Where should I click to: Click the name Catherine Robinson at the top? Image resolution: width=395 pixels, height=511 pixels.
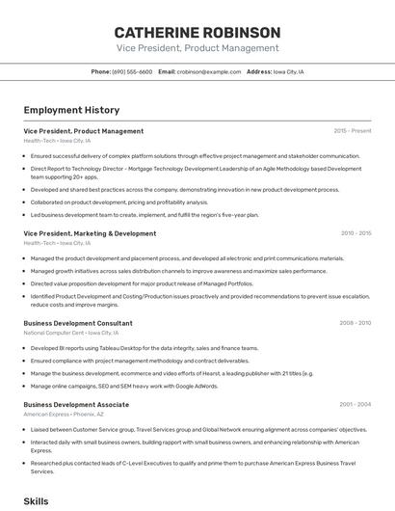pyautogui.click(x=197, y=32)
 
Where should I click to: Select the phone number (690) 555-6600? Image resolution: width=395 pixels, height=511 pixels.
pyautogui.click(x=132, y=71)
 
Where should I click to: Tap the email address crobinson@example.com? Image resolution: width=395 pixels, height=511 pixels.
pyautogui.click(x=209, y=71)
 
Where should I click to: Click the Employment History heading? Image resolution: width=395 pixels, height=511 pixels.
pyautogui.click(x=71, y=110)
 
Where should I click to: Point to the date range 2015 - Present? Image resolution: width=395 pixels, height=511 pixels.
pyautogui.click(x=352, y=130)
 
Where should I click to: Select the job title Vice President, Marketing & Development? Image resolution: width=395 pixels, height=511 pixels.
pyautogui.click(x=90, y=233)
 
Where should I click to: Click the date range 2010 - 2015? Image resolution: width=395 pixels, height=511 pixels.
pyautogui.click(x=355, y=233)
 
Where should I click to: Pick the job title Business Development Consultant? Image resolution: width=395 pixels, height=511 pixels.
pyautogui.click(x=78, y=323)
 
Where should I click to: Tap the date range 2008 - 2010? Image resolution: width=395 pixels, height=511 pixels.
pyautogui.click(x=355, y=323)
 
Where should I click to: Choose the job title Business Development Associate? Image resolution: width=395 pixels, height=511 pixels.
pyautogui.click(x=76, y=405)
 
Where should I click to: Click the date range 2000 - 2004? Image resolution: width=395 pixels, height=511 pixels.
pyautogui.click(x=355, y=405)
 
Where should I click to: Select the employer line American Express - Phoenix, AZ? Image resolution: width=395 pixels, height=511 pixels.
pyautogui.click(x=66, y=414)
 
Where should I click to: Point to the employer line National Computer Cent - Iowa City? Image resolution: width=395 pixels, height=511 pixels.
pyautogui.click(x=67, y=333)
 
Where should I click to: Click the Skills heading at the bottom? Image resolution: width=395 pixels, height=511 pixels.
pyautogui.click(x=36, y=501)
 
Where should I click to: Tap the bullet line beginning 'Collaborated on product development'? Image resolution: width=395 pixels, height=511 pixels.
pyautogui.click(x=119, y=202)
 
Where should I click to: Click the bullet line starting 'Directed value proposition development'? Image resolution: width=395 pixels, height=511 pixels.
pyautogui.click(x=142, y=283)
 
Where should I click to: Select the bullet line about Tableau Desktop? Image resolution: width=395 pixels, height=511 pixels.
pyautogui.click(x=145, y=348)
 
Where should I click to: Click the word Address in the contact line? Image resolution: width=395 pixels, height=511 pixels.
pyautogui.click(x=259, y=71)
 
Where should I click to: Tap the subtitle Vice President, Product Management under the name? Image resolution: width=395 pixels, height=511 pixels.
pyautogui.click(x=197, y=46)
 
